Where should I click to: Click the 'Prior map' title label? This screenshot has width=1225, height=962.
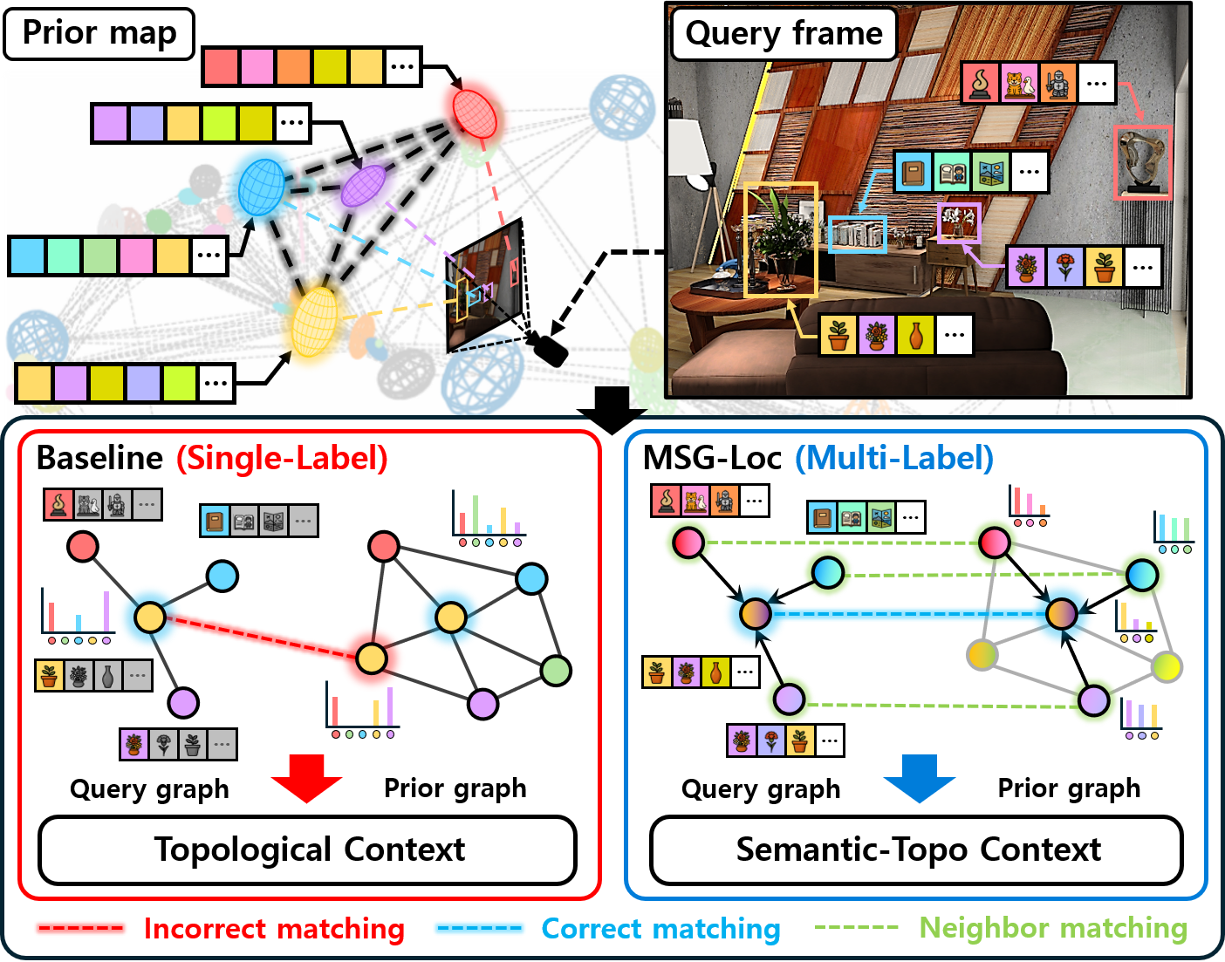pyautogui.click(x=99, y=33)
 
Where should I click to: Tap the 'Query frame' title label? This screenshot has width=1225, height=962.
pyautogui.click(x=784, y=34)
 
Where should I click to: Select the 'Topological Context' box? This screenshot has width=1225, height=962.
pyautogui.click(x=308, y=849)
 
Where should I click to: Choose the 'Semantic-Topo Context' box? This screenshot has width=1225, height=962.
pyautogui.click(x=917, y=849)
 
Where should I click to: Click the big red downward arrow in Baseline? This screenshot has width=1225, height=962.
pyautogui.click(x=306, y=777)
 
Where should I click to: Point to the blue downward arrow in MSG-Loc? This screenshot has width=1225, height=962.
pyautogui.click(x=919, y=777)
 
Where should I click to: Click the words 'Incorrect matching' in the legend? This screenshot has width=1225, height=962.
pyautogui.click(x=274, y=929)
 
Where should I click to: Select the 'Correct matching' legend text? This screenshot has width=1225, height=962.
pyautogui.click(x=660, y=929)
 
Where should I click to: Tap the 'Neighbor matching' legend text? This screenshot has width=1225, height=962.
pyautogui.click(x=1053, y=929)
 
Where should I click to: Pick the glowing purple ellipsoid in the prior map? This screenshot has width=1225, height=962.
pyautogui.click(x=362, y=185)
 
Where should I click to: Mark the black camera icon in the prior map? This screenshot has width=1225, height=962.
pyautogui.click(x=550, y=350)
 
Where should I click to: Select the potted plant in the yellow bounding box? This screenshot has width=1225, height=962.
pyautogui.click(x=779, y=240)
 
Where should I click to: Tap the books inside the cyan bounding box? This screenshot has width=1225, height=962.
pyautogui.click(x=857, y=234)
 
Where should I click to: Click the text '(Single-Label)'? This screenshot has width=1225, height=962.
pyautogui.click(x=282, y=458)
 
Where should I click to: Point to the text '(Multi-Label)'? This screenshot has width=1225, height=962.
pyautogui.click(x=893, y=458)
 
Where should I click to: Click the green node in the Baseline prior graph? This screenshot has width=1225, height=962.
pyautogui.click(x=556, y=670)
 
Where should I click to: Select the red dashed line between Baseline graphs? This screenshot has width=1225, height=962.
pyautogui.click(x=262, y=638)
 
